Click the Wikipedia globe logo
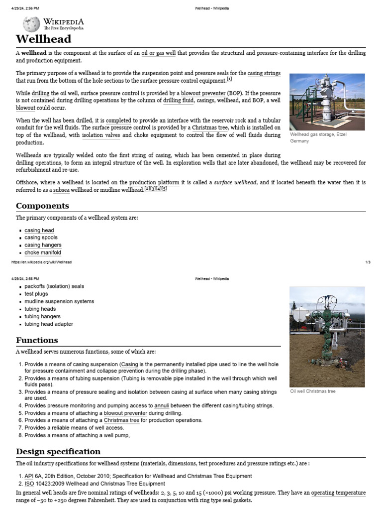click(x=31, y=24)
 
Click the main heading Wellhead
click(x=44, y=39)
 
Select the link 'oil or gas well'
click(x=159, y=53)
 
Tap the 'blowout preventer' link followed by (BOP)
click(x=203, y=93)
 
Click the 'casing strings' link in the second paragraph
click(x=264, y=73)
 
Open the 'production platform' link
click(x=154, y=183)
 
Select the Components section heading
click(x=42, y=206)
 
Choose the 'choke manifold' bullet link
click(x=43, y=253)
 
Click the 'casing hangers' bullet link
click(x=43, y=245)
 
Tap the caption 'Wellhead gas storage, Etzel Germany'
click(x=318, y=137)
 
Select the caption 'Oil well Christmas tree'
click(x=313, y=391)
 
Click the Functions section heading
click(x=37, y=340)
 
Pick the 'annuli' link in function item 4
click(x=162, y=405)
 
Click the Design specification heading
click(x=58, y=451)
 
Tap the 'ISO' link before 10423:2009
click(x=29, y=484)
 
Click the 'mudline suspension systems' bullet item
click(x=59, y=301)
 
